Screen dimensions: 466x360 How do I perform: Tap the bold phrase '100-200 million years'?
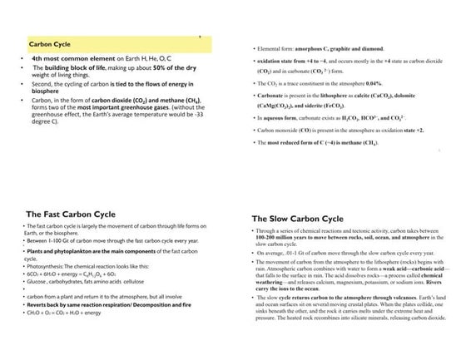(x=286, y=238)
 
